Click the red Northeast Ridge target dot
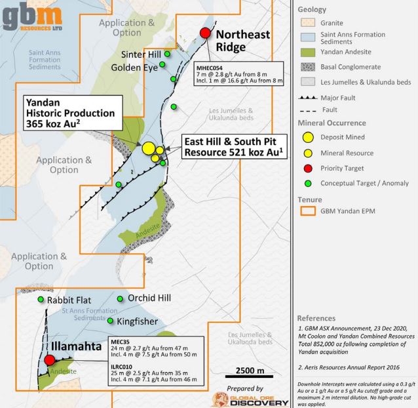pyautogui.click(x=205, y=34)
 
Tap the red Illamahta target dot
pyautogui.click(x=50, y=360)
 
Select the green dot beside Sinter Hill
pyautogui.click(x=167, y=54)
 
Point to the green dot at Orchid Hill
pyautogui.click(x=119, y=299)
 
